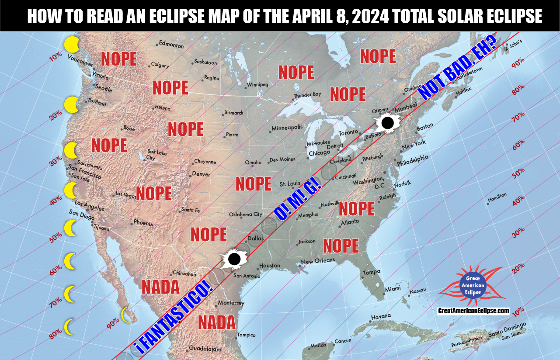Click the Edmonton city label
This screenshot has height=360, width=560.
171,45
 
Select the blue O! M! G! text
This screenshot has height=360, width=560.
297,200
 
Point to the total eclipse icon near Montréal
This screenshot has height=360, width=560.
387,123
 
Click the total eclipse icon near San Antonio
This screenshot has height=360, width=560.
234,260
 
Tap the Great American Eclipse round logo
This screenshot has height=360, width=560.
473,285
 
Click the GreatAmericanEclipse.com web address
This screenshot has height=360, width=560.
473,311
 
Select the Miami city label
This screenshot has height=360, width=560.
393,290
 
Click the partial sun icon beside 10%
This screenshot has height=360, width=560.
71,44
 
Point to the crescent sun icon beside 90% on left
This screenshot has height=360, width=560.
126,315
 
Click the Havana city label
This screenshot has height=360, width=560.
380,317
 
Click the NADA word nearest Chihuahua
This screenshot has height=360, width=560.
160,287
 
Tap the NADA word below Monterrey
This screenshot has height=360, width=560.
217,322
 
